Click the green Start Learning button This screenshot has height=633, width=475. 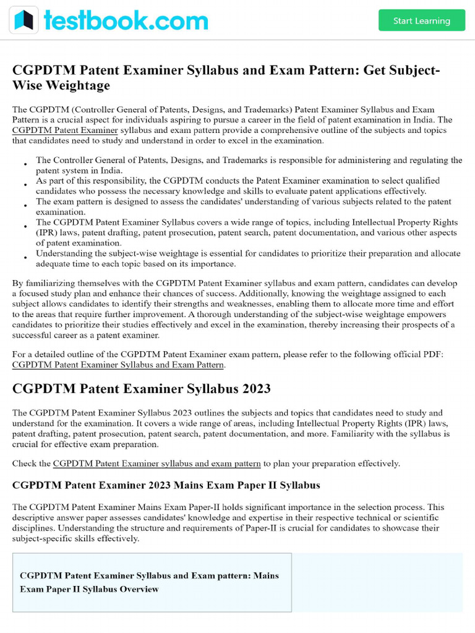click(421, 20)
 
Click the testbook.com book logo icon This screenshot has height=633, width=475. click(24, 20)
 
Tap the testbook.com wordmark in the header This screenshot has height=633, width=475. click(126, 20)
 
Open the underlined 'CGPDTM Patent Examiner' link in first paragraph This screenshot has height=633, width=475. click(65, 130)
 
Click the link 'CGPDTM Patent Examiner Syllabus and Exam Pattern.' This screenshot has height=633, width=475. click(119, 365)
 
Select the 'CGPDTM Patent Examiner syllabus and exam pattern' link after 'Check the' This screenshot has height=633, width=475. click(157, 463)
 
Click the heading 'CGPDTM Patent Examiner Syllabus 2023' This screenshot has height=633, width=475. click(141, 389)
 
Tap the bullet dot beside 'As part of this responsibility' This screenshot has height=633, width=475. click(25, 185)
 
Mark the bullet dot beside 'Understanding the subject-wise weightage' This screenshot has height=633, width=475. click(25, 258)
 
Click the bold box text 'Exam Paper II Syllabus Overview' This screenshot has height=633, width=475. click(89, 589)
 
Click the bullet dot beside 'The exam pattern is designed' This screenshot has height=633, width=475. click(25, 206)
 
